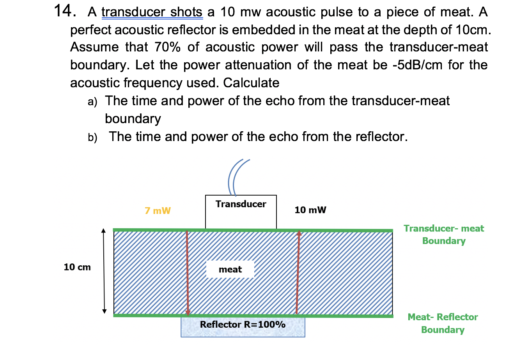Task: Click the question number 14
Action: (64, 11)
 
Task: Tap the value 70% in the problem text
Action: (167, 47)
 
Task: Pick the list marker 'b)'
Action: (92, 138)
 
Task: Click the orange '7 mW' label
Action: (158, 211)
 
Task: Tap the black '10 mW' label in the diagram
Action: (310, 210)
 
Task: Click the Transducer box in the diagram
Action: (241, 212)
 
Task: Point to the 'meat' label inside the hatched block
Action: (230, 269)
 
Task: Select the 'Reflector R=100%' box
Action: (243, 326)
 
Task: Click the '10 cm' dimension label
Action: (77, 267)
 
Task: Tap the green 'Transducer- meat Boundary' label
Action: (444, 235)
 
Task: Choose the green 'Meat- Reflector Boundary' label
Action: (443, 323)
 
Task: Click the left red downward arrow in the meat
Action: (187, 273)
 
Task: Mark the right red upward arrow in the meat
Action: (298, 273)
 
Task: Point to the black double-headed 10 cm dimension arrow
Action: (104, 271)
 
